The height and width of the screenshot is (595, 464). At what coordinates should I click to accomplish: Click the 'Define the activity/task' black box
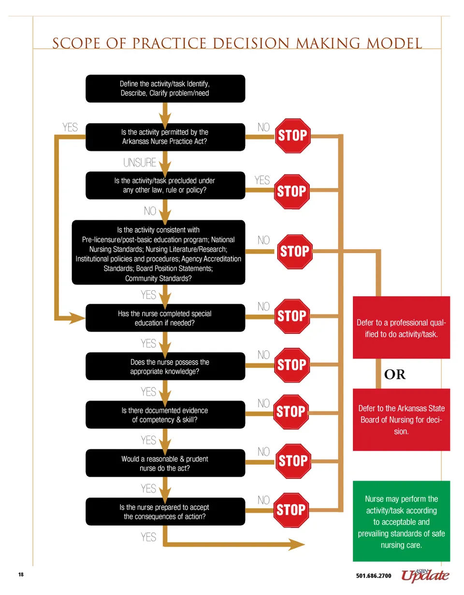(165, 88)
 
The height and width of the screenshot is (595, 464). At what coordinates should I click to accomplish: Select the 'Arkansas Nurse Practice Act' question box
(165, 137)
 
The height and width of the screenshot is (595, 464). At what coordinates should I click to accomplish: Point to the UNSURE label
(140, 162)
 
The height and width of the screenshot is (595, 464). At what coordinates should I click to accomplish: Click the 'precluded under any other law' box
(165, 185)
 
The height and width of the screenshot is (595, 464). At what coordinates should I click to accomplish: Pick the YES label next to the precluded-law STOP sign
(262, 180)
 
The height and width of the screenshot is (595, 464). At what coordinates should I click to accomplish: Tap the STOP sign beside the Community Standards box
(294, 252)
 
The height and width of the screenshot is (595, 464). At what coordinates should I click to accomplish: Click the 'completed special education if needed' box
(165, 318)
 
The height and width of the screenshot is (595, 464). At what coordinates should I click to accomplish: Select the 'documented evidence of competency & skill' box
(165, 415)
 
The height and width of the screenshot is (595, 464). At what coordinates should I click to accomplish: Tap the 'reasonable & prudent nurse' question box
(165, 463)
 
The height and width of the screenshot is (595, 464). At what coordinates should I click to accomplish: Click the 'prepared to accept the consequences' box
(165, 512)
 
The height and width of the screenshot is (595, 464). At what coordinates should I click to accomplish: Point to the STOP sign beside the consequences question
(291, 510)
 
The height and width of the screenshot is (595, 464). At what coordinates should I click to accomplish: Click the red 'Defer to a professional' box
(402, 327)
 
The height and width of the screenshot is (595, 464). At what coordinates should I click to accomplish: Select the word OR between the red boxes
(394, 375)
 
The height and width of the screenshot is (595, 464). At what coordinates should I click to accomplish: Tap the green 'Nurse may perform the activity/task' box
(402, 522)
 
